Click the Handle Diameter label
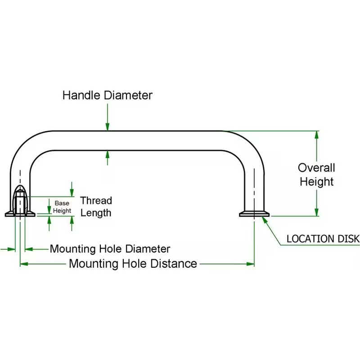click(107, 95)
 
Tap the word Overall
click(316, 168)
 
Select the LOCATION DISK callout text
click(323, 238)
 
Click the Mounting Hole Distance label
click(133, 264)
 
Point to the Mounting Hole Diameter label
click(110, 249)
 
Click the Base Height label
click(62, 207)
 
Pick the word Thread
click(96, 201)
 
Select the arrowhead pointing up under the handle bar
click(108, 154)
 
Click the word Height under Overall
click(316, 182)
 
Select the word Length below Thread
click(96, 212)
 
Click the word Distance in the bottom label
click(173, 264)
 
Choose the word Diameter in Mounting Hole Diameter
click(148, 249)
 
